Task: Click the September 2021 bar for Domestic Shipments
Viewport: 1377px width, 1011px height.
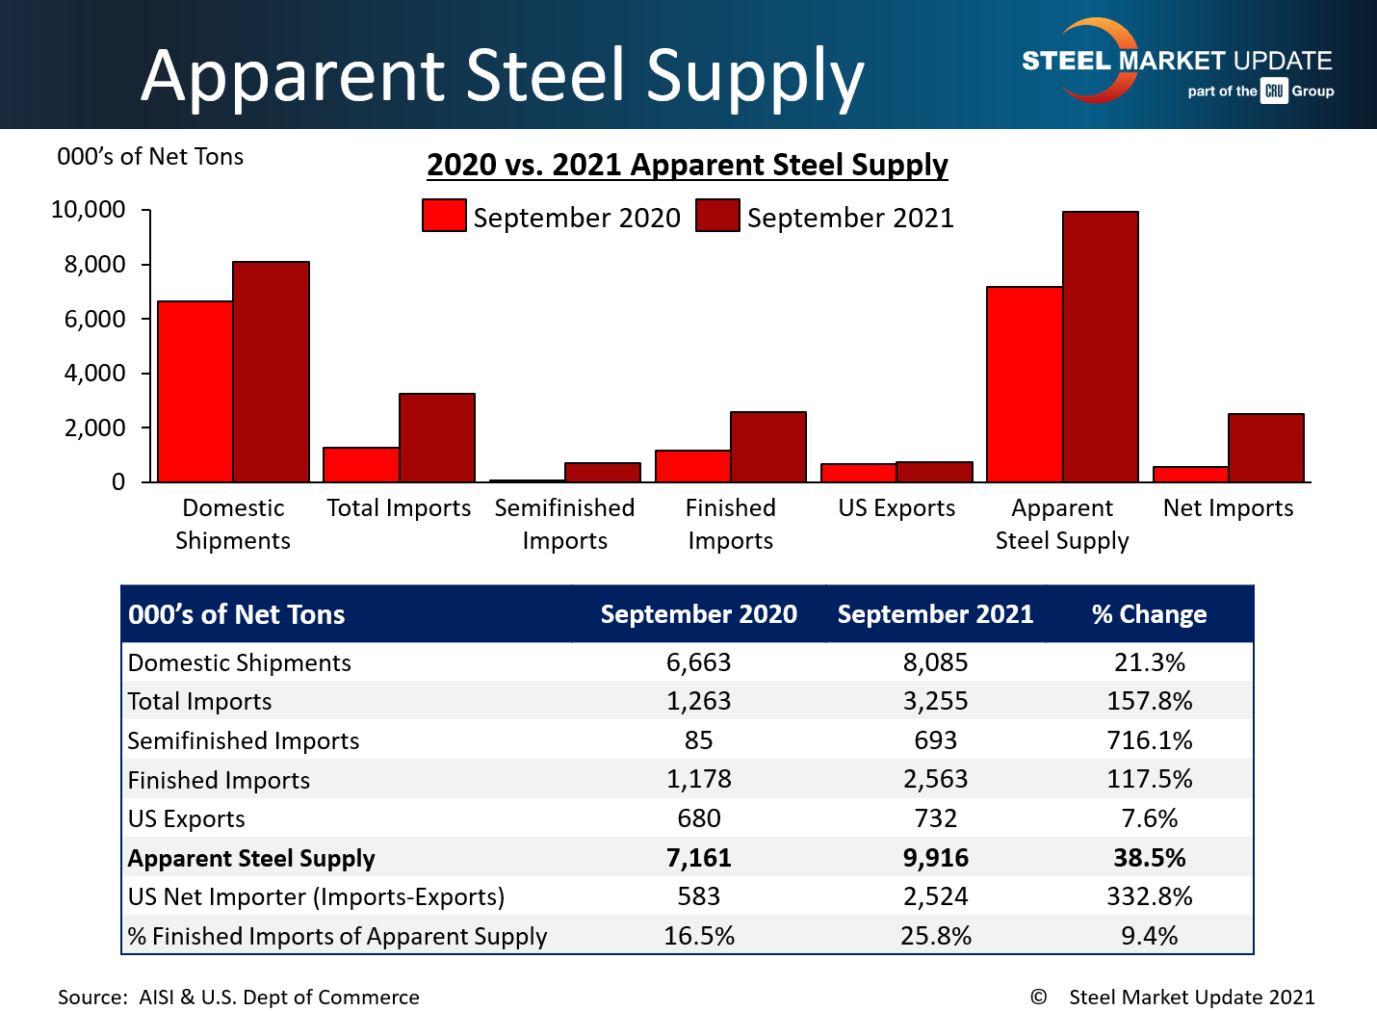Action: [x=271, y=372]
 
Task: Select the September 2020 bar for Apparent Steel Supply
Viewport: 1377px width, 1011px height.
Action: [x=1025, y=384]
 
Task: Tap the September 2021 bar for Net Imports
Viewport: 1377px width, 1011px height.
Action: [x=1266, y=448]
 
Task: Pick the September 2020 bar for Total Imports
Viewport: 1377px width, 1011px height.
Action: [x=361, y=465]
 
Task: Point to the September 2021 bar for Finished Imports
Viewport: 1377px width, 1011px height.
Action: [x=768, y=447]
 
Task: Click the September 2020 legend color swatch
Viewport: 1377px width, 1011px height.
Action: [x=444, y=216]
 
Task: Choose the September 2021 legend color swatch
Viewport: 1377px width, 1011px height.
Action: [x=717, y=216]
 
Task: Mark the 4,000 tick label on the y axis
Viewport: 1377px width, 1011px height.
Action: [x=95, y=374]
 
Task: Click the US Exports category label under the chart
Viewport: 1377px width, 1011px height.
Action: [x=896, y=508]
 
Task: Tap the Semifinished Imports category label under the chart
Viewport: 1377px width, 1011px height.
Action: [x=564, y=524]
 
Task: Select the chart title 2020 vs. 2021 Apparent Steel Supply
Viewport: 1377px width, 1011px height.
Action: [x=688, y=165]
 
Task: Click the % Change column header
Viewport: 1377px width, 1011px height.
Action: [x=1149, y=614]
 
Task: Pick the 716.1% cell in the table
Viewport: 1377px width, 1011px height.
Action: [x=1149, y=740]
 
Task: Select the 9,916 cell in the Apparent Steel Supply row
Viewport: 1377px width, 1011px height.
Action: [x=935, y=858]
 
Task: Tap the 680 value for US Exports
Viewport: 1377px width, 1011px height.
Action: [x=698, y=818]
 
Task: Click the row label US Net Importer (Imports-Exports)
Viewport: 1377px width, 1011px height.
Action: [x=316, y=896]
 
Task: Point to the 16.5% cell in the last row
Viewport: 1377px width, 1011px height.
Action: [x=698, y=936]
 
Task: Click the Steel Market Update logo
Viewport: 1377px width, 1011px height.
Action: [x=1177, y=64]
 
